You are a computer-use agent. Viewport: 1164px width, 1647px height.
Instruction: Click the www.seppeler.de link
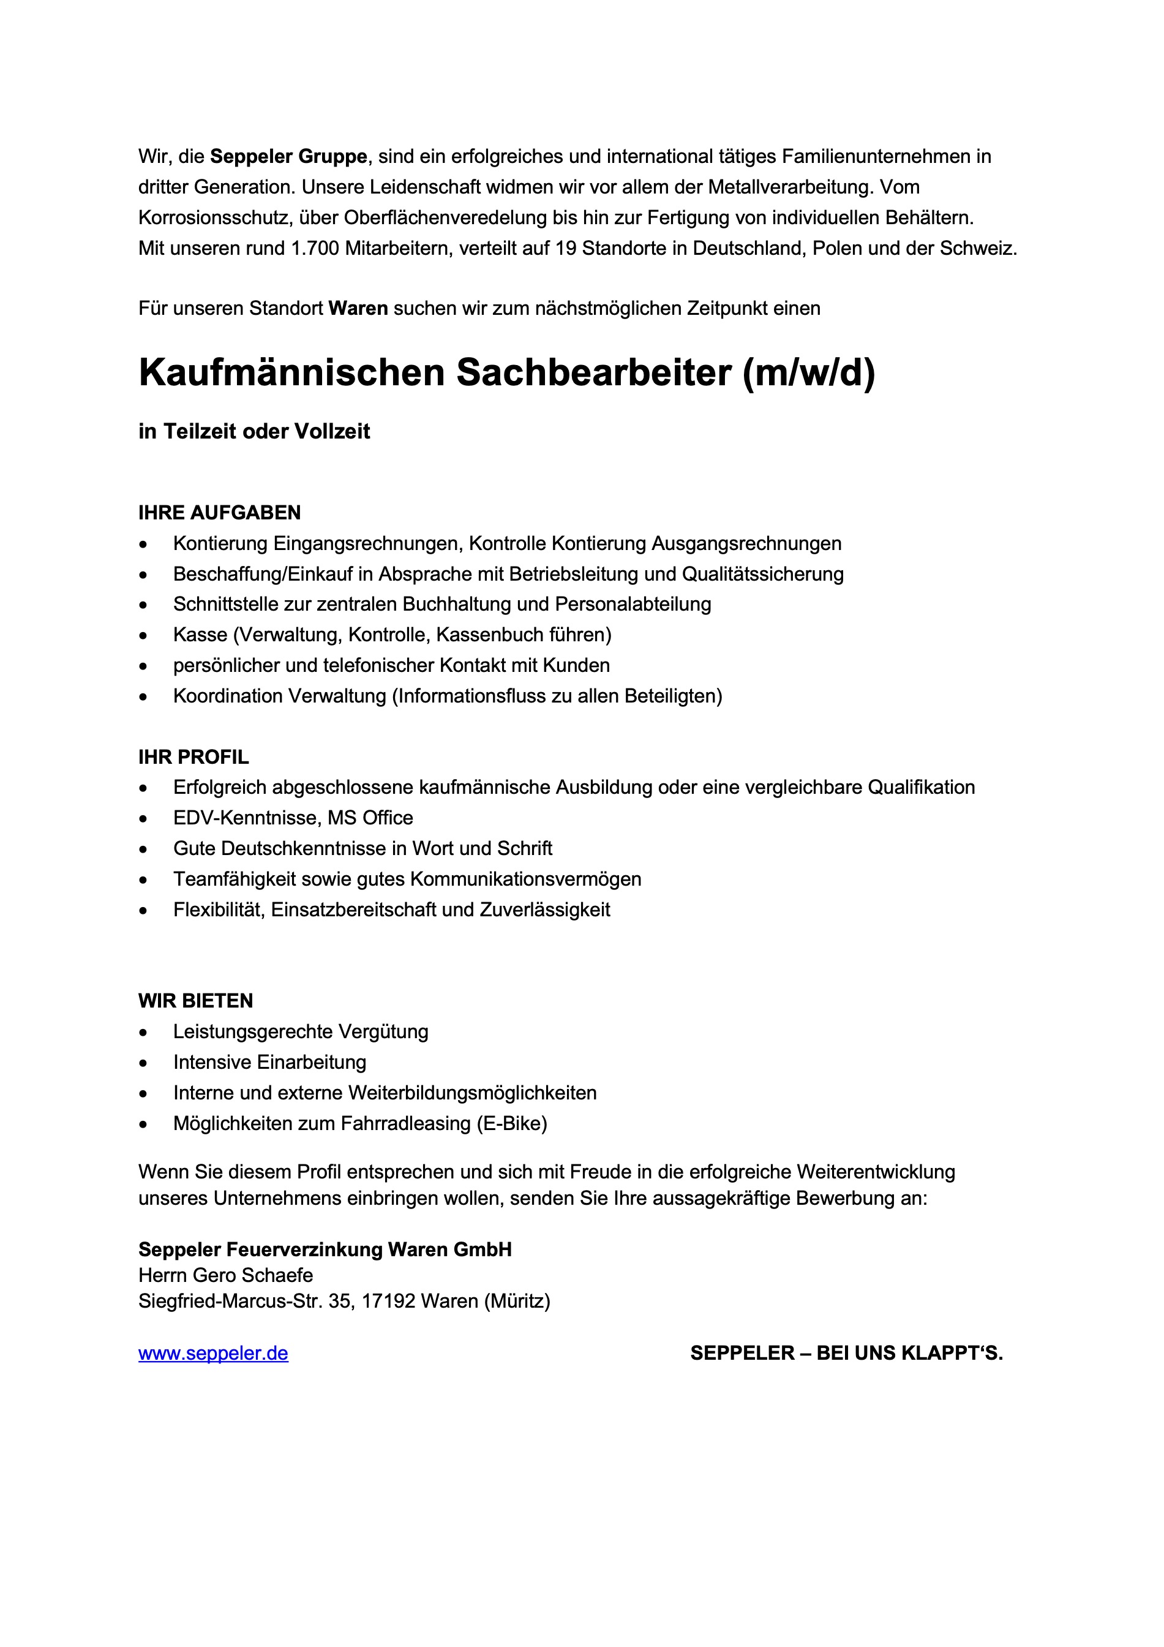pyautogui.click(x=213, y=1354)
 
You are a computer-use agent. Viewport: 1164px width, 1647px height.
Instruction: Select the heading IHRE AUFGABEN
pyautogui.click(x=219, y=513)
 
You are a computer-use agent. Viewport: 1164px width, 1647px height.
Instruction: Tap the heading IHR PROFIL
pyautogui.click(x=193, y=757)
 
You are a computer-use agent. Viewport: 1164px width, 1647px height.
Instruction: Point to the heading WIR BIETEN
pyautogui.click(x=196, y=1001)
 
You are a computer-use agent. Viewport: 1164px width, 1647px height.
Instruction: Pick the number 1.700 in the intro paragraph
pyautogui.click(x=315, y=249)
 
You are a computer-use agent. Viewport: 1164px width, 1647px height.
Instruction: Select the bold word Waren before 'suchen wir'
pyautogui.click(x=358, y=309)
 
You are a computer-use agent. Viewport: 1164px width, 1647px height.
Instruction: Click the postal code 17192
pyautogui.click(x=388, y=1301)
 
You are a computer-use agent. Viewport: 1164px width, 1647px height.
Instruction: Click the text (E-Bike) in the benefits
pyautogui.click(x=511, y=1123)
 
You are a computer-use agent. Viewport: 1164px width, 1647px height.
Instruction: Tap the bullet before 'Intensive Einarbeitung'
pyautogui.click(x=144, y=1063)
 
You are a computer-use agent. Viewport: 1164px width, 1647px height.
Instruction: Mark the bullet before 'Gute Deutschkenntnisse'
pyautogui.click(x=144, y=850)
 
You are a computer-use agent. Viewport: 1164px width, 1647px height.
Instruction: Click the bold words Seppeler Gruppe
pyautogui.click(x=288, y=156)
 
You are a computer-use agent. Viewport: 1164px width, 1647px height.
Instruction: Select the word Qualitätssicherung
pyautogui.click(x=762, y=574)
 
